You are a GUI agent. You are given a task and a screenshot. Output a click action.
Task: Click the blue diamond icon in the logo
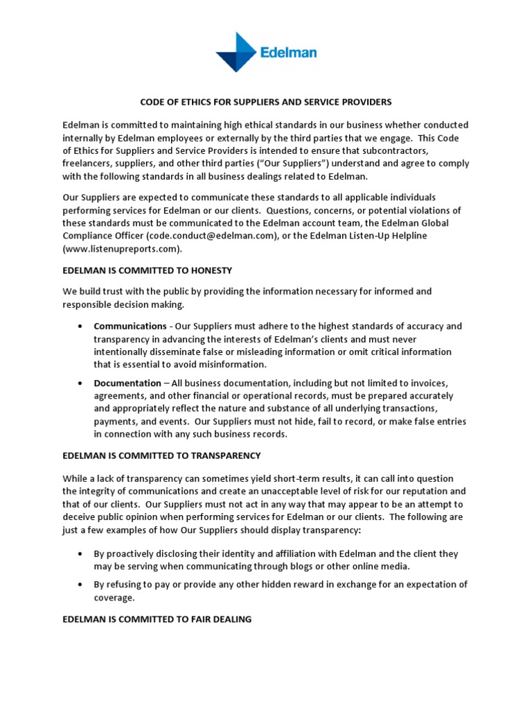click(237, 51)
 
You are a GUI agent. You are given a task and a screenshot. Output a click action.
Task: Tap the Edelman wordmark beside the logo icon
click(290, 52)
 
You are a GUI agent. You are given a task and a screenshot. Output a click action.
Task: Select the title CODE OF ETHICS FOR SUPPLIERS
click(266, 102)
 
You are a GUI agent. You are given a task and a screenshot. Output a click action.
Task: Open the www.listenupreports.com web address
click(123, 248)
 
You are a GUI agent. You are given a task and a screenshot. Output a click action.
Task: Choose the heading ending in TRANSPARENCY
click(161, 456)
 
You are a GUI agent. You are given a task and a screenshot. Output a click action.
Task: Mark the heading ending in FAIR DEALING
click(157, 619)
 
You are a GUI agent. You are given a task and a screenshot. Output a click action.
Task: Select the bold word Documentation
click(127, 383)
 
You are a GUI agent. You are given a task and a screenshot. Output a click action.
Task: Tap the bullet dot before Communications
click(81, 327)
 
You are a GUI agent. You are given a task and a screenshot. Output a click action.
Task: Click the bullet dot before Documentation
click(81, 383)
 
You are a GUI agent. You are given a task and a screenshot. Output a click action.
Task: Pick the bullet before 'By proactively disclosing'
click(81, 554)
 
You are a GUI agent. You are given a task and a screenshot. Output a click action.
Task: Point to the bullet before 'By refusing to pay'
click(81, 585)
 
